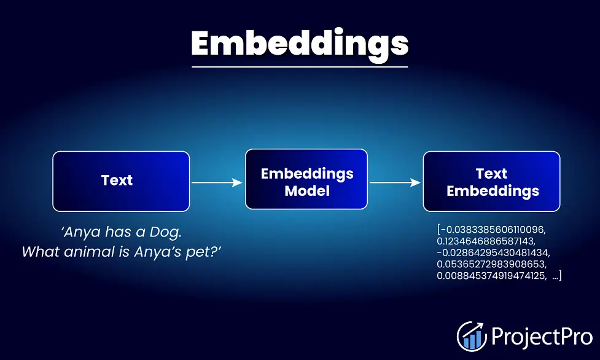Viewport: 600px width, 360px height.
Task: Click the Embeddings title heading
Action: [x=300, y=44]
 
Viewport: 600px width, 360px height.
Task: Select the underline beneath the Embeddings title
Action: [x=300, y=67]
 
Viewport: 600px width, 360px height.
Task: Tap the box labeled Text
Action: [x=121, y=181]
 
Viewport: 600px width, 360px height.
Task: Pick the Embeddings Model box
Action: [x=306, y=179]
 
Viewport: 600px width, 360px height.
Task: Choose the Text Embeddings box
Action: [x=492, y=181]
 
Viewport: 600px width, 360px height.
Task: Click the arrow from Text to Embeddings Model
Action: [x=217, y=182]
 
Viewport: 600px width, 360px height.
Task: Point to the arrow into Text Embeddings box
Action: [x=395, y=182]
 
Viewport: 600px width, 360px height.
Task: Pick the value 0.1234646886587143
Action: [x=486, y=241]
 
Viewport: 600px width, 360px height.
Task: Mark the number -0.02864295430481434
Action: [x=493, y=252]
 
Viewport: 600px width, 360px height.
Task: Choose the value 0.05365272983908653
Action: [x=492, y=264]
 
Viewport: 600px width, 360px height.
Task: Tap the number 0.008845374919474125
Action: [x=492, y=276]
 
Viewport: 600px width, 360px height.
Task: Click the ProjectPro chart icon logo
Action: [x=472, y=336]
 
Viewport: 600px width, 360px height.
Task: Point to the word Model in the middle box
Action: [x=307, y=190]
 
